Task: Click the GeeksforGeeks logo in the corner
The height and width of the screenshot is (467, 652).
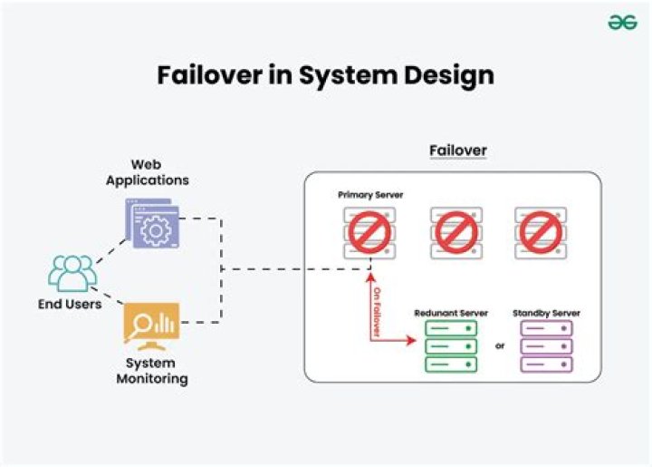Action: tap(622, 23)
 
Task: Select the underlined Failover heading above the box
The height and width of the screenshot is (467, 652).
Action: tap(457, 150)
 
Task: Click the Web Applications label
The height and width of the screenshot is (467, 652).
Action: tap(147, 172)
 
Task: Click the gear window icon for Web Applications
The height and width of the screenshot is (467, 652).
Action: tap(152, 225)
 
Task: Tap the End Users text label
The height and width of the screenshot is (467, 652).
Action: tap(70, 305)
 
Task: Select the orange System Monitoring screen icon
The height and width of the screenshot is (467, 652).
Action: tap(151, 325)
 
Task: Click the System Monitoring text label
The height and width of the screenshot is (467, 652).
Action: tap(151, 371)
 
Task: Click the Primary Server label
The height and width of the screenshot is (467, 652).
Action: tap(370, 195)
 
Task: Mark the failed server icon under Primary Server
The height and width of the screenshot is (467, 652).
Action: tap(369, 232)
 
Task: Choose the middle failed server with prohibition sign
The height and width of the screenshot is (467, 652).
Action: tap(455, 232)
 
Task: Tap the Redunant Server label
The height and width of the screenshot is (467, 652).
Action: tap(451, 313)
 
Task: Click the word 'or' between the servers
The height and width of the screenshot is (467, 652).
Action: tap(499, 345)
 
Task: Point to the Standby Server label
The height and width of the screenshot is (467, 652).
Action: tap(546, 313)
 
